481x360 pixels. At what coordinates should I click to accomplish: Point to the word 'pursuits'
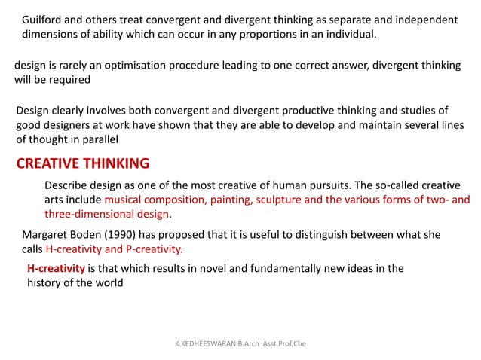pyautogui.click(x=329, y=186)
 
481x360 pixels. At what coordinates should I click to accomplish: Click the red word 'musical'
pyautogui.click(x=125, y=200)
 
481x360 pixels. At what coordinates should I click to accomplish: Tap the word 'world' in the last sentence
pyautogui.click(x=105, y=282)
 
